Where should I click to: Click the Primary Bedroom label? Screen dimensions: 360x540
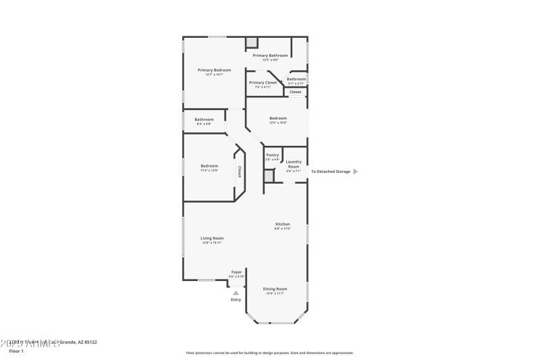214,70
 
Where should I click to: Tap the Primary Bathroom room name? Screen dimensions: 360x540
270,55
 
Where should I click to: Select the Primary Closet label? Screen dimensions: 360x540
263,82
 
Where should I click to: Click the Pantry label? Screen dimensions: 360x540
272,155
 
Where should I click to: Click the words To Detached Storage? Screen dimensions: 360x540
330,172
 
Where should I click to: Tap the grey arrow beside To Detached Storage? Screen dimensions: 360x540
356,172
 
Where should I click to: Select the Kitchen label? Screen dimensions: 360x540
282,224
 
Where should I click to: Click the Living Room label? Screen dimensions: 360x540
212,238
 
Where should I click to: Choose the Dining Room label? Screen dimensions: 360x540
275,288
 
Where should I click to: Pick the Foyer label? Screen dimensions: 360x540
236,272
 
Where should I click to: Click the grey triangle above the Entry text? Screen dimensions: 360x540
236,293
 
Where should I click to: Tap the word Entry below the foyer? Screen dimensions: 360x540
236,300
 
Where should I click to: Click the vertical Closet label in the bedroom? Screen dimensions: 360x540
239,173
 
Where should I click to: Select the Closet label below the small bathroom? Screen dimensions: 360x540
296,92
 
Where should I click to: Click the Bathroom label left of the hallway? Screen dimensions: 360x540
204,120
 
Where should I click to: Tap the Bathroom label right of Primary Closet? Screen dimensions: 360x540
296,79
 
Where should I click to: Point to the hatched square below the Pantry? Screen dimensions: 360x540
269,176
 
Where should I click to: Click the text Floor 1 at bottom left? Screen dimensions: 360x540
16,351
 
